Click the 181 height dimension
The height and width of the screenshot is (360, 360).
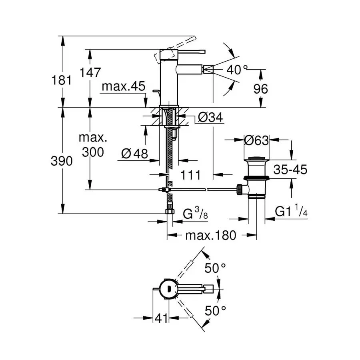coord(62,80)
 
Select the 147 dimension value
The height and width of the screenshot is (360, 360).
coord(90,72)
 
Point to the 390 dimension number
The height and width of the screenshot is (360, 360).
coord(62,161)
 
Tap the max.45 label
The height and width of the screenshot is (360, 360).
coord(124,86)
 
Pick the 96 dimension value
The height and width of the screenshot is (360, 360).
coord(260,89)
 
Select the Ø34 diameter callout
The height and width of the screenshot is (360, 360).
coord(210,117)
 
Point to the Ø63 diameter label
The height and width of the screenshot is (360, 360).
coord(256,140)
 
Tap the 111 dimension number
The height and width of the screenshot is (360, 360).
coord(190,175)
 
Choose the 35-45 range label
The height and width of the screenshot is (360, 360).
coord(290,170)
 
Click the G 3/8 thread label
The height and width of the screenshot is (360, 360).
coord(195,213)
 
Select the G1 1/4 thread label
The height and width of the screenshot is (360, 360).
coord(291,210)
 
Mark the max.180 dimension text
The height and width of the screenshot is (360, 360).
coord(211,235)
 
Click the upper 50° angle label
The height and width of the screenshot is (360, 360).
coord(215,268)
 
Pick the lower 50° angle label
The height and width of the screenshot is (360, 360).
coord(215,311)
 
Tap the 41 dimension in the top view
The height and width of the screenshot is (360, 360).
coord(161,318)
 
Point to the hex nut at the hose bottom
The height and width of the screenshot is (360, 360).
coord(170,212)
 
